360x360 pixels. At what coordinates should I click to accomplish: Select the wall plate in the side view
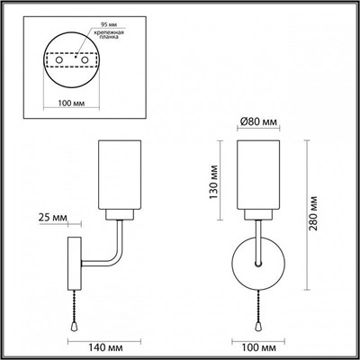click(76, 261)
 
